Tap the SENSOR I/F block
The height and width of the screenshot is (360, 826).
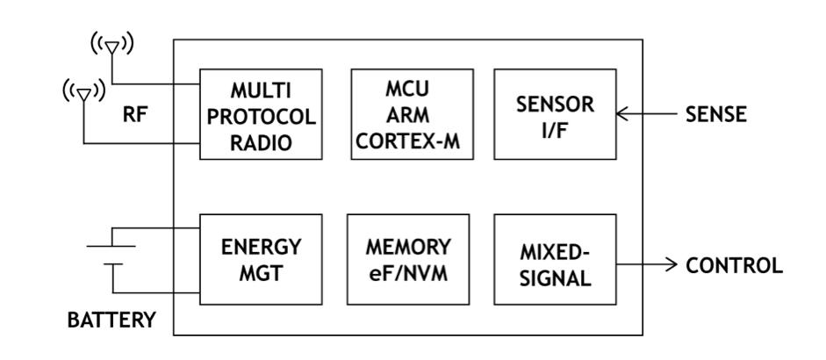556,115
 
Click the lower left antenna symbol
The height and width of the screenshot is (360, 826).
83,91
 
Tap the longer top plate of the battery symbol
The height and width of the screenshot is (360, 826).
111,247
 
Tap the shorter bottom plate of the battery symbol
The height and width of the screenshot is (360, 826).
111,263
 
